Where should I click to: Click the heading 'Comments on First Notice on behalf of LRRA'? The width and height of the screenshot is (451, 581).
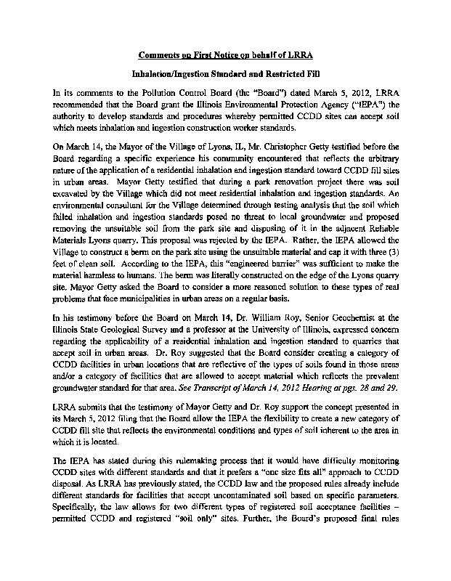pyautogui.click(x=224, y=54)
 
